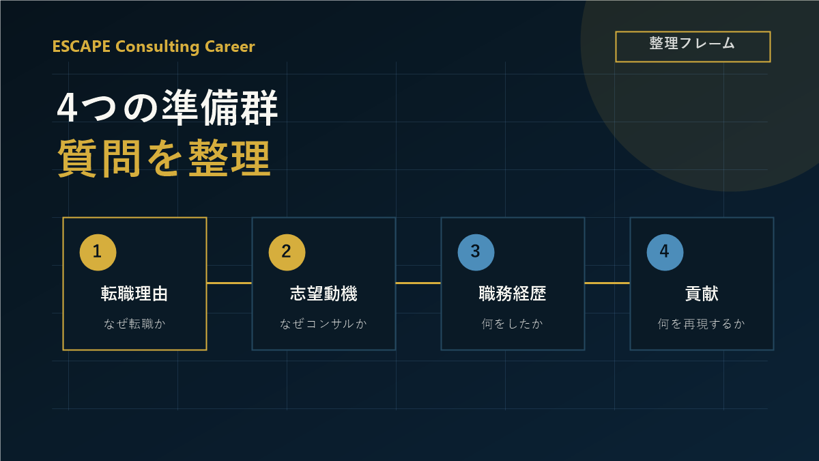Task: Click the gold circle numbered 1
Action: coord(98,253)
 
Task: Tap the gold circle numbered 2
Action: coord(287,253)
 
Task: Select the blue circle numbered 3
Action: coord(476,253)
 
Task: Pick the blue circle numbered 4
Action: coord(665,253)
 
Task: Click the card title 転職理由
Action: coord(134,294)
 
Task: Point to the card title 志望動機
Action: coord(324,294)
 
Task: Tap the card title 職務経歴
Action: coord(513,294)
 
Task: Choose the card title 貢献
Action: coord(702,294)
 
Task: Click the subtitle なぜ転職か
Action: coord(134,324)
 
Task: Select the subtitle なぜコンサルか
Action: coord(324,324)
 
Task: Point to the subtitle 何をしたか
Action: coord(513,324)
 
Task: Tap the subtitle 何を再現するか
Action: coord(702,324)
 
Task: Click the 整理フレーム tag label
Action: coord(692,44)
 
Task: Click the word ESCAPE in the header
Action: coord(81,46)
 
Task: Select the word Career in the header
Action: coord(229,46)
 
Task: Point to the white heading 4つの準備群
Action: coord(167,108)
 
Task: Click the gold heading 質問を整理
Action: coord(164,158)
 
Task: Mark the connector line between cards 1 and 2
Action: coord(229,283)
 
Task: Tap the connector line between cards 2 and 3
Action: coord(418,283)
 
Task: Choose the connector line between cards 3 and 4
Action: coord(607,283)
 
